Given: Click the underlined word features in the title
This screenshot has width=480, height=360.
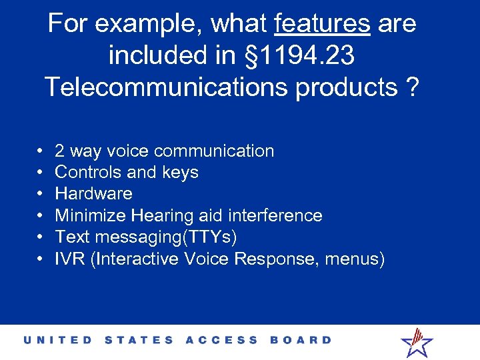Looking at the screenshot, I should coord(322,24).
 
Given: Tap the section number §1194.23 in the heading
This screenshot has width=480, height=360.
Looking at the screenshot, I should coord(299,56).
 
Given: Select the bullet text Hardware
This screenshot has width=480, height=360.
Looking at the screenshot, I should coord(93,194).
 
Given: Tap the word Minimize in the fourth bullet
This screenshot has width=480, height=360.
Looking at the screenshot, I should coord(91,215).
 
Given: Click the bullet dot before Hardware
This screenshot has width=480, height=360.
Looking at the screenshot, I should coord(41,194).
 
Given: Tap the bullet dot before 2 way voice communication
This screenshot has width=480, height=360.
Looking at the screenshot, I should coord(41,151).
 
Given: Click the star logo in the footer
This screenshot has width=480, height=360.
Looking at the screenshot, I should coord(417,343).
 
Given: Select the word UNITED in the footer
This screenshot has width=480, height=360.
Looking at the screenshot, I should coord(59,340).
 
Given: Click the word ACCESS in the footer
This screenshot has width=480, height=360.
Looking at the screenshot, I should coord(222,340).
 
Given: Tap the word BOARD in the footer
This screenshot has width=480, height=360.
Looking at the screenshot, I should coord(301,340).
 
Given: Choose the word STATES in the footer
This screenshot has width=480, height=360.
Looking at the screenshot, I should coord(139,340).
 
